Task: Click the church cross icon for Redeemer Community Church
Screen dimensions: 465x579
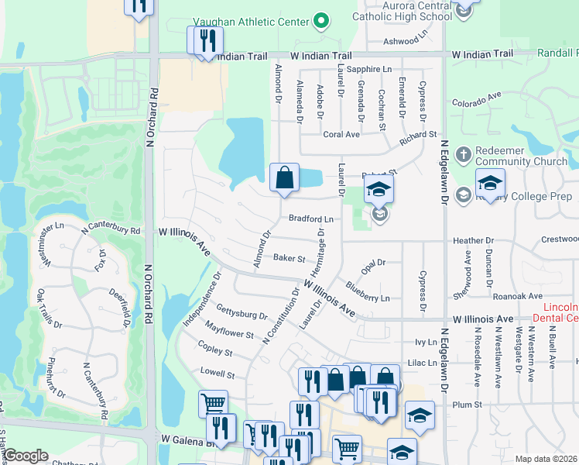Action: point(464,153)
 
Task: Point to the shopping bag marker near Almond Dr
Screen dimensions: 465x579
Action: point(285,177)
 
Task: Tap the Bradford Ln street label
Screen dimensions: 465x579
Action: point(311,219)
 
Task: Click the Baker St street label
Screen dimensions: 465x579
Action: point(289,257)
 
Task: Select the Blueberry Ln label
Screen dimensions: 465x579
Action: point(368,297)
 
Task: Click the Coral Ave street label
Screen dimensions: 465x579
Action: point(341,134)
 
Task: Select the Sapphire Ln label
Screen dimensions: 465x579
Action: point(369,69)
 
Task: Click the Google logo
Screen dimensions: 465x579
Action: point(26,455)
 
